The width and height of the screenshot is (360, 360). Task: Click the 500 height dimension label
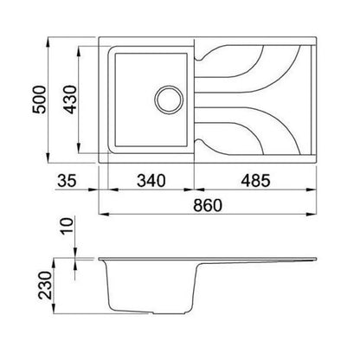39,100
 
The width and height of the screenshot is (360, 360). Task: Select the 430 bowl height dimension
70,100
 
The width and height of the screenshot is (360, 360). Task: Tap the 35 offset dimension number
67,181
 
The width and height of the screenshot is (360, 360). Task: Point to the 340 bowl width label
151,181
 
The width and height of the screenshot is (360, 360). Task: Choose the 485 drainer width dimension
255,181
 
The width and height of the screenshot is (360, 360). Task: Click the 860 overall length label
208,205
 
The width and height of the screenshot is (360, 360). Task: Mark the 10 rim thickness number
67,226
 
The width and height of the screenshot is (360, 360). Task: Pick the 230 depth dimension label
45,285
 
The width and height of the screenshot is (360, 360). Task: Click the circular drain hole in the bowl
169,100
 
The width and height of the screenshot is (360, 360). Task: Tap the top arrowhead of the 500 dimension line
48,42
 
